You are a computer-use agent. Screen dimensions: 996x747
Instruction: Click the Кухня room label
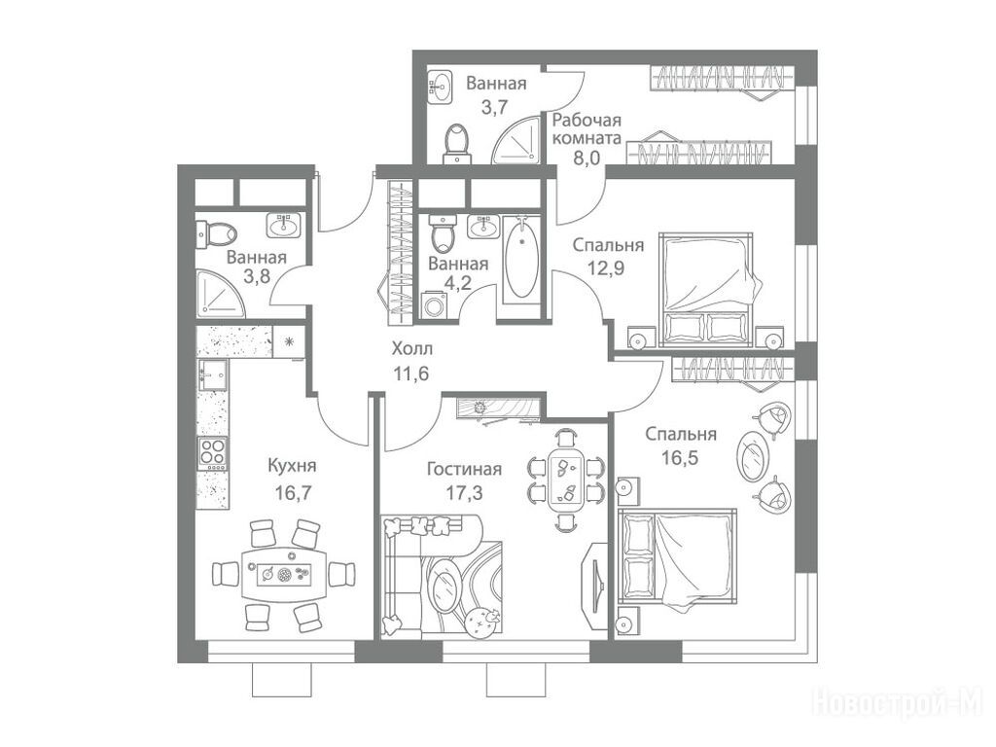point(292,466)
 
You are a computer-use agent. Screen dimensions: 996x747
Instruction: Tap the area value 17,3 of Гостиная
point(464,493)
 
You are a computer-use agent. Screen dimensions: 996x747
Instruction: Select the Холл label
point(412,349)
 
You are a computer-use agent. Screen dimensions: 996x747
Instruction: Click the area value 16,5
point(680,457)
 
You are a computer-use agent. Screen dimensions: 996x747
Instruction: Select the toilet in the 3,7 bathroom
point(457,141)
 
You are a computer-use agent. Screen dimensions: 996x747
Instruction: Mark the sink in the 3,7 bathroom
point(441,87)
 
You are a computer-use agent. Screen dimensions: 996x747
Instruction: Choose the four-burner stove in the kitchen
point(213,453)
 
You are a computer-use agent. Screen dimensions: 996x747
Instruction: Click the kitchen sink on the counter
point(213,374)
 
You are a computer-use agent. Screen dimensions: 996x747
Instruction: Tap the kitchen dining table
point(285,575)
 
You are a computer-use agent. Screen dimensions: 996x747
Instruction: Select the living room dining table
point(566,480)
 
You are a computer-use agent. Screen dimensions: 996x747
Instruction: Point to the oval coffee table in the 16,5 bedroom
point(754,455)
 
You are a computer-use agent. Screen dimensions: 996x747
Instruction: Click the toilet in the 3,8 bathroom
point(215,233)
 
